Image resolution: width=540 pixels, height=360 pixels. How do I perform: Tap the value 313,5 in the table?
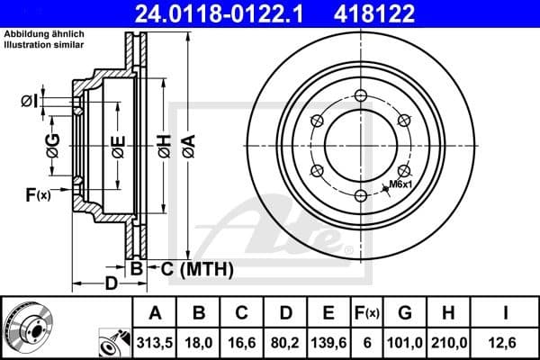[155, 341]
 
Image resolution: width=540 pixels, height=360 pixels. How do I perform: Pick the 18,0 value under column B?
[199, 341]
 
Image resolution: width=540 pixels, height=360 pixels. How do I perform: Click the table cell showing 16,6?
[242, 341]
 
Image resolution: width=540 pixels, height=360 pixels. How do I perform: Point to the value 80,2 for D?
[285, 341]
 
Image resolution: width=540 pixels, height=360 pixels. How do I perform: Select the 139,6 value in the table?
[328, 341]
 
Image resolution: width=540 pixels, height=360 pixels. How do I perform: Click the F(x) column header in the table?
[369, 313]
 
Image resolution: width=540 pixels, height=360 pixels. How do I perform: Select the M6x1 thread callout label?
[399, 184]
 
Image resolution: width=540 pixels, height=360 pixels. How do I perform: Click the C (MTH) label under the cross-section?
[193, 268]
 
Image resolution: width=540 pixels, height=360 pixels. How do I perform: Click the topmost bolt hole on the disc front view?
[360, 97]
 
